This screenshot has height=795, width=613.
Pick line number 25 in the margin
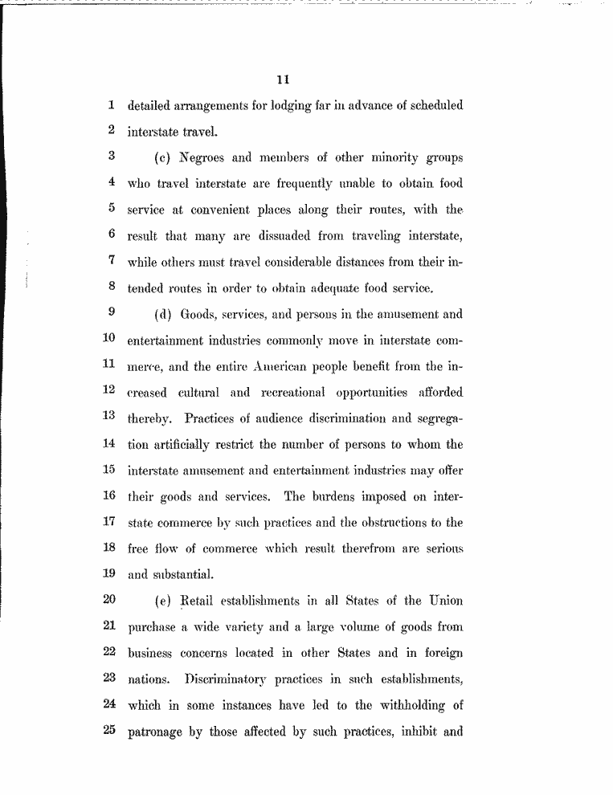110,731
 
